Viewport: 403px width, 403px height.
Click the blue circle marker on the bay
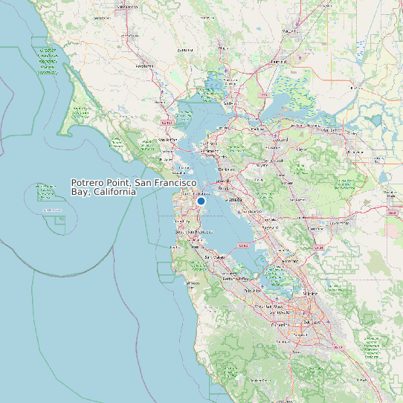201,200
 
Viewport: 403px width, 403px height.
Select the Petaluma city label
144,65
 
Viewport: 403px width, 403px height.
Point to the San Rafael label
168,139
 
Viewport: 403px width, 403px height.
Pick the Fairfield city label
279,61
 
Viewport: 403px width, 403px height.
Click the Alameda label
235,200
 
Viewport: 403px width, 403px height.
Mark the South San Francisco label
189,232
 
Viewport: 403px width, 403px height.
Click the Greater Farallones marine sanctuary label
48,62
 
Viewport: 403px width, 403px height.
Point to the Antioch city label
331,130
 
